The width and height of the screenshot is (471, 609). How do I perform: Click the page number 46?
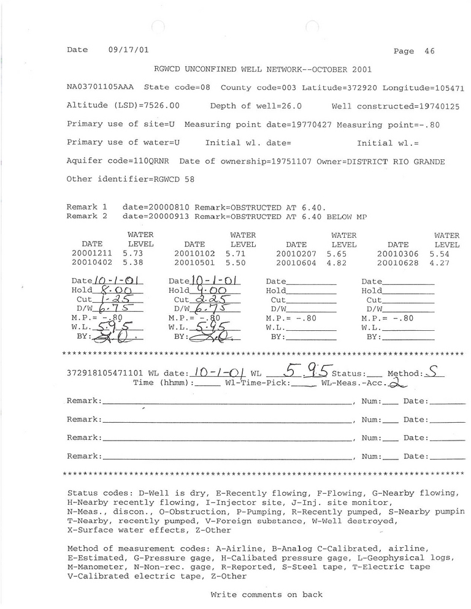click(429, 51)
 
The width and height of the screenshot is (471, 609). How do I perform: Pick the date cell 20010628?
click(397, 262)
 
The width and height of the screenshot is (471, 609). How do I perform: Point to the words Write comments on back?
click(266, 594)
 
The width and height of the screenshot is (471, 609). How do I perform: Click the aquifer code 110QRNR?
click(156, 161)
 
